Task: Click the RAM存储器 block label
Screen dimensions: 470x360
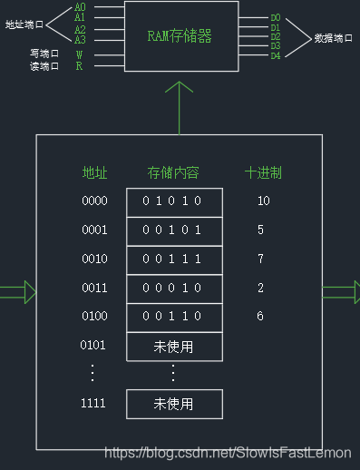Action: tap(180, 36)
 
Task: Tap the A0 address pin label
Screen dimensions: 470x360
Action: tap(80, 7)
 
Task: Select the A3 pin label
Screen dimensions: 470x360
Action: tap(80, 40)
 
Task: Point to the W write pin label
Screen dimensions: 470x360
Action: tap(79, 54)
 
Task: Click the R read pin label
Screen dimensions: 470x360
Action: tap(79, 66)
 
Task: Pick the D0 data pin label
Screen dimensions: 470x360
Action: tap(276, 17)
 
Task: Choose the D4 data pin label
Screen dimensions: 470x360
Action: tap(276, 56)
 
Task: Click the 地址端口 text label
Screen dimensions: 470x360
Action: tap(24, 24)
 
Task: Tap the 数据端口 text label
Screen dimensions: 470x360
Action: tap(333, 38)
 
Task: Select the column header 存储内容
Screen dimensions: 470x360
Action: tap(172, 172)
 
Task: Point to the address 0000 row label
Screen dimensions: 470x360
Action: tap(94, 201)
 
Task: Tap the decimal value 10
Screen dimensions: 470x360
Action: tap(263, 201)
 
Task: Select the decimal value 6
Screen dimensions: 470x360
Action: tap(260, 317)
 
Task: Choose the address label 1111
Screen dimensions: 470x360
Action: tap(94, 403)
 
